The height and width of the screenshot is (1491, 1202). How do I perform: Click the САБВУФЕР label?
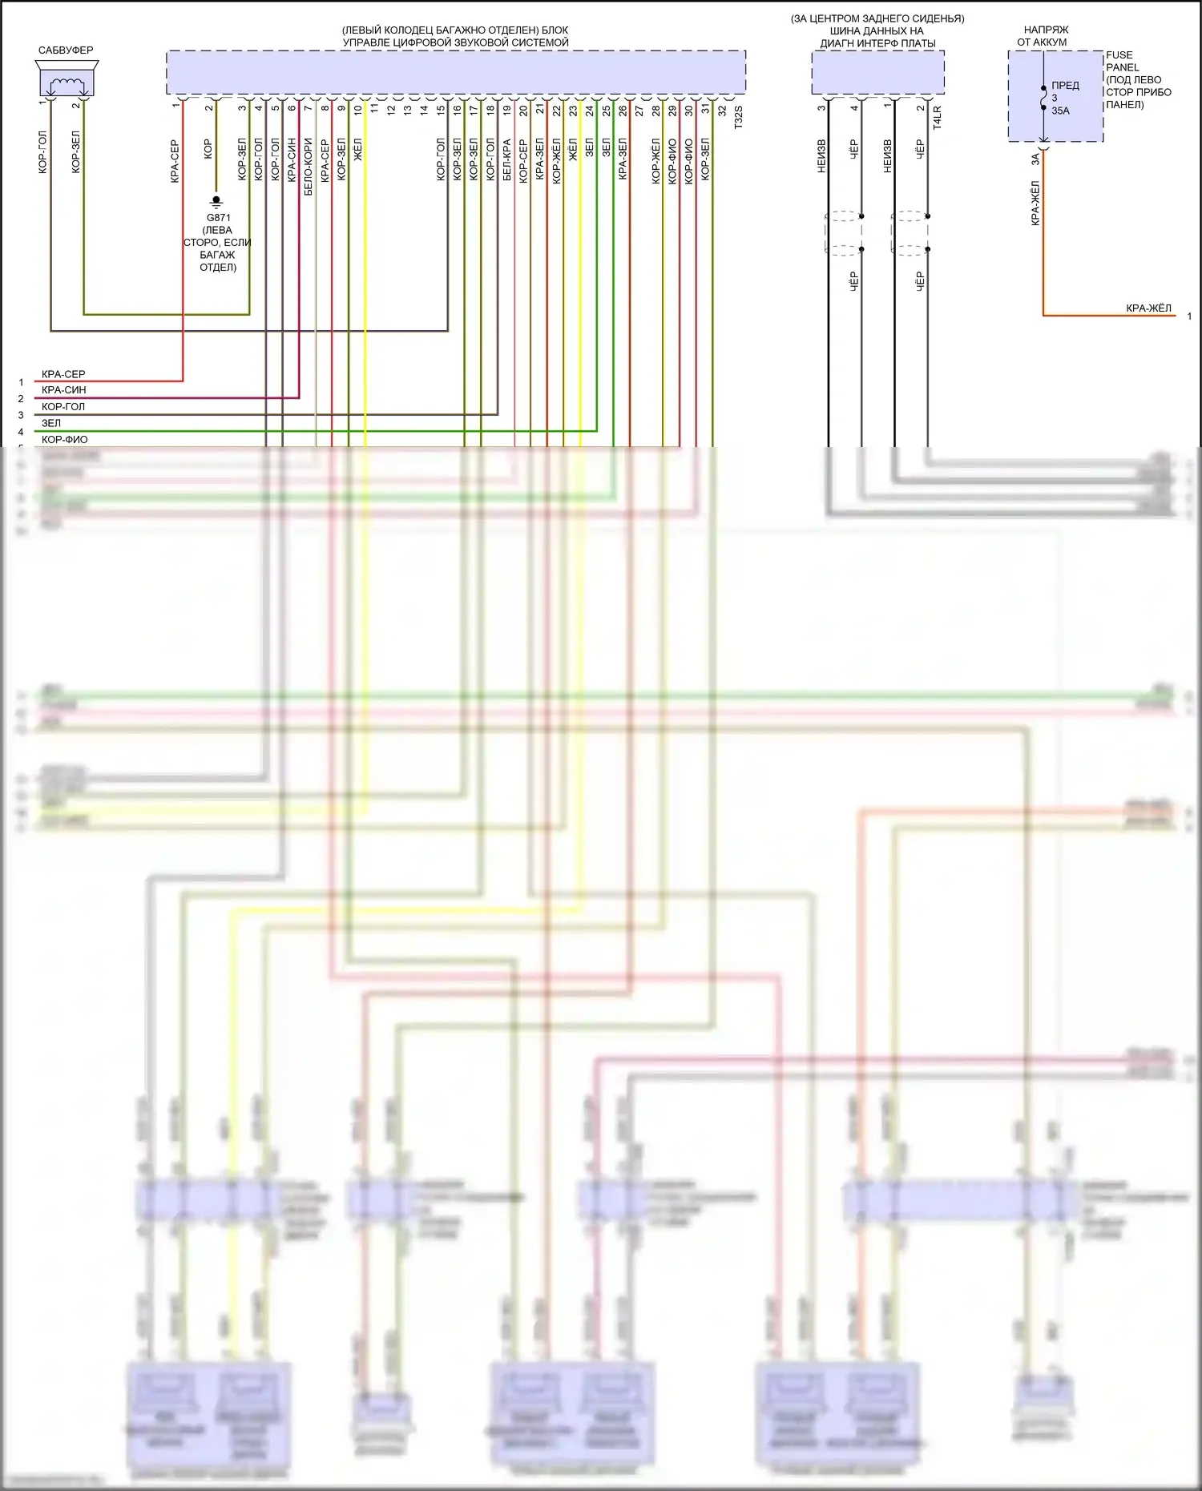66,50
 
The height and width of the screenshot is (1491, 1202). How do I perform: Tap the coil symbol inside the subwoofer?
67,84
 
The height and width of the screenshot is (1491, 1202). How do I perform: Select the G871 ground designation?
219,217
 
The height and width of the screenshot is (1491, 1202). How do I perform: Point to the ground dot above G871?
216,199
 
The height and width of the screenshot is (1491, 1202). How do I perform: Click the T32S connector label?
739,117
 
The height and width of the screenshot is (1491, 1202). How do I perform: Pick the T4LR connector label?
937,117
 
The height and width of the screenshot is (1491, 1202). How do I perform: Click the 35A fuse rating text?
1060,111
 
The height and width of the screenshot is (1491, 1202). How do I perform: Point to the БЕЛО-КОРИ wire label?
309,167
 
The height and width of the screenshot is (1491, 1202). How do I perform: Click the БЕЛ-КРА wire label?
506,160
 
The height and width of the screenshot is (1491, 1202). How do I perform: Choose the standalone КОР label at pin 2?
208,148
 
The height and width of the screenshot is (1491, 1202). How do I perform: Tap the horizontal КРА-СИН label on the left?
63,390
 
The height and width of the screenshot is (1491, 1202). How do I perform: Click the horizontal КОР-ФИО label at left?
64,440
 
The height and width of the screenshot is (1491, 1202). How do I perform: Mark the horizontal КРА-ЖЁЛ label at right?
1148,308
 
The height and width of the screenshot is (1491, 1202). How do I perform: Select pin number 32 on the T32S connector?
722,111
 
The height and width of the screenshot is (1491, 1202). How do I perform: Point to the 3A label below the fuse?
1035,159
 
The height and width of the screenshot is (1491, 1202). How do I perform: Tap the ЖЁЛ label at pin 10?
358,150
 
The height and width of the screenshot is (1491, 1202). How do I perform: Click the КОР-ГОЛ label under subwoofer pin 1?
43,152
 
